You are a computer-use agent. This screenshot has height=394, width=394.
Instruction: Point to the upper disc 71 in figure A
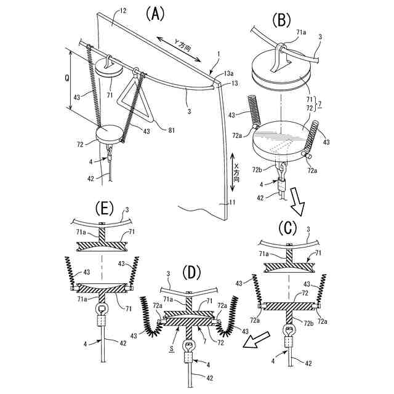[110, 67]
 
